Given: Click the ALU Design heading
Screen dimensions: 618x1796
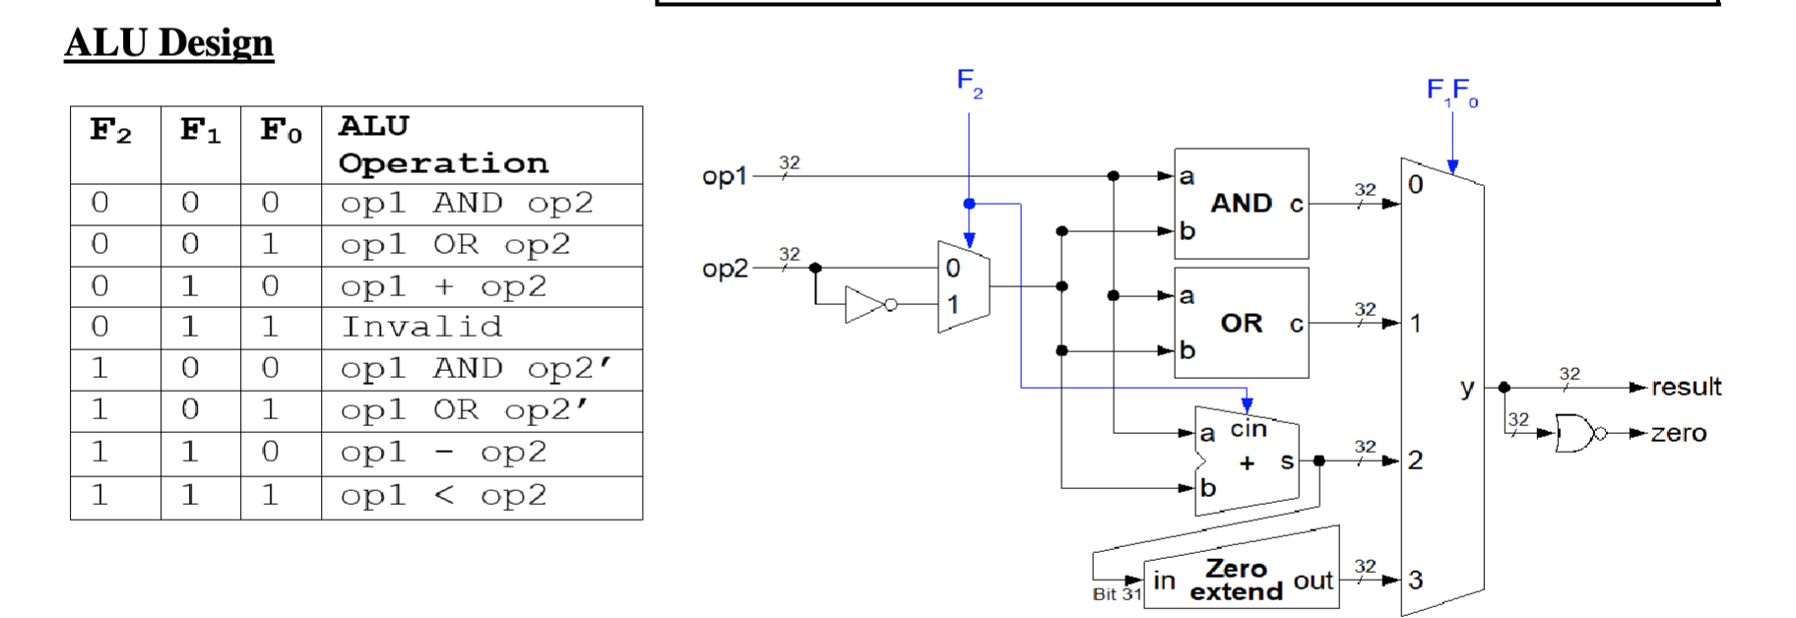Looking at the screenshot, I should tap(168, 43).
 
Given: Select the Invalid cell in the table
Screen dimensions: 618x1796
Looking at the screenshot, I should tap(421, 327).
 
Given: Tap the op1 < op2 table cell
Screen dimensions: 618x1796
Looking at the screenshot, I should tap(442, 496).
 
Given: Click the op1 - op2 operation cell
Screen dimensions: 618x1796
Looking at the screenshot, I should tap(442, 453).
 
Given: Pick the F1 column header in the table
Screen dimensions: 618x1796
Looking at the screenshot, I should tap(200, 131).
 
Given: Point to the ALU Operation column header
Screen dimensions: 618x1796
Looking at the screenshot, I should tap(442, 145).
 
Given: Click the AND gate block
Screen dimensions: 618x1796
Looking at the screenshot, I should tap(1241, 204).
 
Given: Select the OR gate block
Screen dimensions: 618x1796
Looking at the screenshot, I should tap(1241, 323).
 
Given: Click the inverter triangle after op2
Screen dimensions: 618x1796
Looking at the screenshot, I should tap(865, 305).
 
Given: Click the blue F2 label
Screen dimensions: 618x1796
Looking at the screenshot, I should tap(969, 82).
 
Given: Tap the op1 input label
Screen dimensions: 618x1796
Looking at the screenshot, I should tap(724, 176).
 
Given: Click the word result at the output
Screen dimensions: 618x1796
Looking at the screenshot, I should tap(1686, 387).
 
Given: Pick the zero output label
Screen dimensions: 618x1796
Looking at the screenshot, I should tap(1679, 433).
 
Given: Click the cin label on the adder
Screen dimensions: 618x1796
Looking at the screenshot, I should tap(1248, 429).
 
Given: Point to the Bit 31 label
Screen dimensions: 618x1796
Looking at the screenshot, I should tap(1116, 594).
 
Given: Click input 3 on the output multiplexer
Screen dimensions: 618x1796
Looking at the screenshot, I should tap(1416, 580).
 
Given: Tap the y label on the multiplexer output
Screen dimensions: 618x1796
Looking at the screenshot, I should tap(1467, 388).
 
